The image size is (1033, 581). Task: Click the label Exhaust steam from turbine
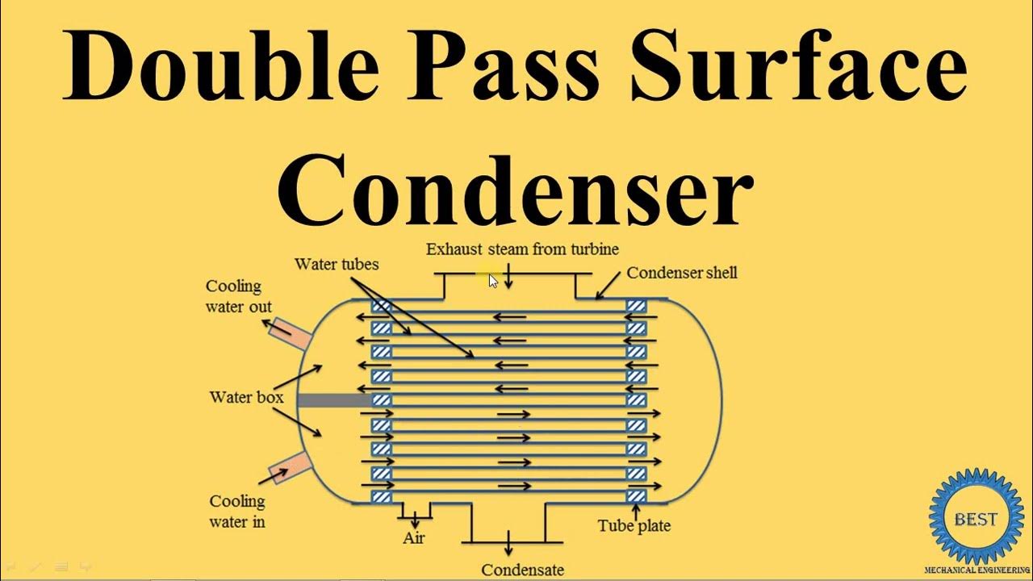(x=522, y=249)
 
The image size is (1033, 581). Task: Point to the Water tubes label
(x=337, y=264)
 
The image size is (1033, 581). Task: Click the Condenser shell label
(x=681, y=273)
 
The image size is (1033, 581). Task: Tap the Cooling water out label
(x=238, y=296)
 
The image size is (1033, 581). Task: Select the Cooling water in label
(x=236, y=511)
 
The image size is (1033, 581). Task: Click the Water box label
(x=246, y=397)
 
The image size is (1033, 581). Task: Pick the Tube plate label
(x=634, y=526)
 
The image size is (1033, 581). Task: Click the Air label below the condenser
(x=413, y=537)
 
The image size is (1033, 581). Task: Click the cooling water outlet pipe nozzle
(x=287, y=332)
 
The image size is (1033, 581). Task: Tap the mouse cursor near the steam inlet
(x=493, y=280)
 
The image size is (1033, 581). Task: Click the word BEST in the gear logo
(x=975, y=519)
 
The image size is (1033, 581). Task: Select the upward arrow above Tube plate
(x=636, y=510)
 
